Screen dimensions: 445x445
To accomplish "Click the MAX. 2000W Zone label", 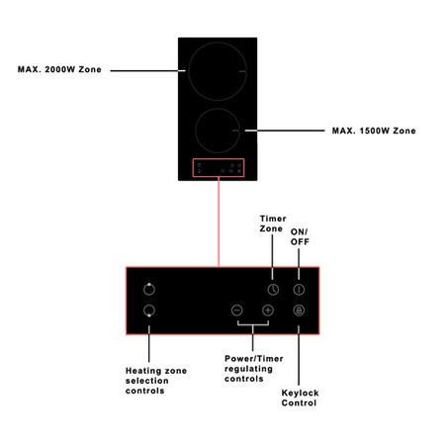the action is (59, 69).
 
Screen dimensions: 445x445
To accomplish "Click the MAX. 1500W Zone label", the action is (374, 131).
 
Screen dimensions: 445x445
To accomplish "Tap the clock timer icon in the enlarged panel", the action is (273, 290).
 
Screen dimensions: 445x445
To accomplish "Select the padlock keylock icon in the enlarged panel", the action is (299, 311).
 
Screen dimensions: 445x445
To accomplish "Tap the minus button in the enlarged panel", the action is (237, 311).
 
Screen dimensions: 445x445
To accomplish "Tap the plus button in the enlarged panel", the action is (268, 311).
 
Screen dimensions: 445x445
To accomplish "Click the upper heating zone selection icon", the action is (149, 289).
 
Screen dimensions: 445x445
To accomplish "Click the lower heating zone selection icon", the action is (149, 311).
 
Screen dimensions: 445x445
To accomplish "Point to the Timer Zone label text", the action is (273, 223).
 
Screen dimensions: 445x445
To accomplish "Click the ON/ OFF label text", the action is (300, 236).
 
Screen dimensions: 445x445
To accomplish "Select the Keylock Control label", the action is (300, 398).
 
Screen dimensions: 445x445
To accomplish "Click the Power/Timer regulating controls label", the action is (254, 369).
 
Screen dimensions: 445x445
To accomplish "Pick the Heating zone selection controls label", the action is (156, 381).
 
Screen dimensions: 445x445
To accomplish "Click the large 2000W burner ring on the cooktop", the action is (218, 43).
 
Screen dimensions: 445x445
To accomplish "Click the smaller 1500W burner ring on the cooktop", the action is (218, 109).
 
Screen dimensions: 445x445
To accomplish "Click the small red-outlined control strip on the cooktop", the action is (219, 159).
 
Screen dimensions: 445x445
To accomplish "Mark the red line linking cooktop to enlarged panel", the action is (219, 222).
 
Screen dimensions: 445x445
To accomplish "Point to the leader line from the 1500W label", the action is (285, 131).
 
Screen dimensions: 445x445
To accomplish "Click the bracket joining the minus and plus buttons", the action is (253, 325).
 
